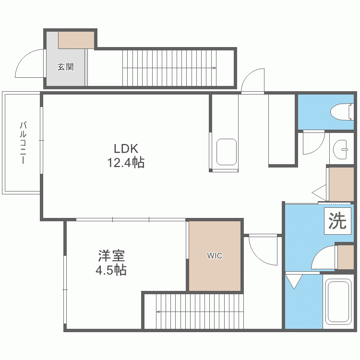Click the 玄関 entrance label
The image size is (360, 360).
point(65,67)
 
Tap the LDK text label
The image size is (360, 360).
point(126,149)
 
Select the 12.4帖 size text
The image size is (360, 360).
point(126,163)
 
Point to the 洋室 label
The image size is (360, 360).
point(111,256)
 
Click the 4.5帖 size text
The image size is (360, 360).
point(111,270)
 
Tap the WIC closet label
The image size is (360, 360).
point(215,255)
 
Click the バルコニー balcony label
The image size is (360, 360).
point(23,143)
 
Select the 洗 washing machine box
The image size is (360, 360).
point(337,221)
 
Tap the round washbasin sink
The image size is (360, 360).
point(340,149)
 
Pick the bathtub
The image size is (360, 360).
point(339,302)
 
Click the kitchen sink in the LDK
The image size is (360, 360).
point(227,152)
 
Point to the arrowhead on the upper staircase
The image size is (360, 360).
point(214,68)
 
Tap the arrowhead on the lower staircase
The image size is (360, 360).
point(158,312)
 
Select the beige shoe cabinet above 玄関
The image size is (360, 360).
point(76,40)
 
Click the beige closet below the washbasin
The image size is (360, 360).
point(341,184)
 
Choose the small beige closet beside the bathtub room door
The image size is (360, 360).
point(346,257)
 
